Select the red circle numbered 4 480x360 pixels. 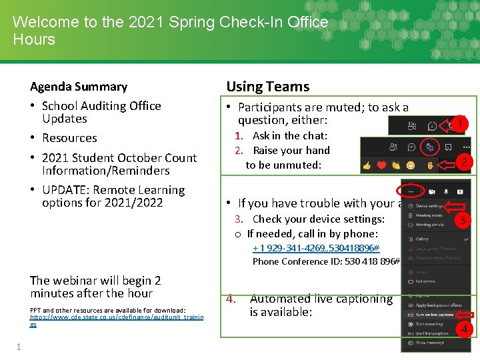[464, 328]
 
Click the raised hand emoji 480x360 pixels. [431, 165]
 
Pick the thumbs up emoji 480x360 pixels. [367, 165]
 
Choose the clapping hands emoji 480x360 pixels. [398, 165]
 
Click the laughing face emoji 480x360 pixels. [413, 165]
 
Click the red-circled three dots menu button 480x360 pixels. [411, 191]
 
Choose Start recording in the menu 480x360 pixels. [431, 324]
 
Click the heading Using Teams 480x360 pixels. [267, 87]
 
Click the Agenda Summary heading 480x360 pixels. [79, 87]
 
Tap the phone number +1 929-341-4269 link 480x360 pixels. [315, 248]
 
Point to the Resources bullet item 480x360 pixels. [69, 139]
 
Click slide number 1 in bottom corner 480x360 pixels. [19, 347]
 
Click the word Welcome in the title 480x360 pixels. [45, 22]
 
